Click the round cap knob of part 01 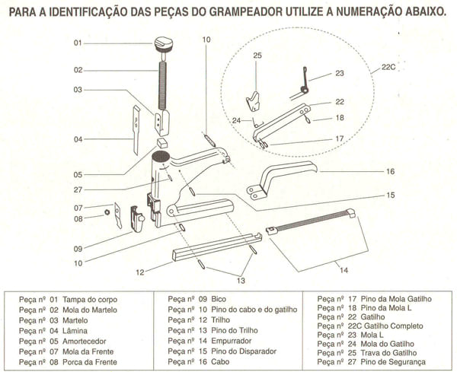pyautogui.click(x=164, y=43)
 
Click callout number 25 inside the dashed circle pyautogui.click(x=257, y=56)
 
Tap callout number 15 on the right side pyautogui.click(x=390, y=196)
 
